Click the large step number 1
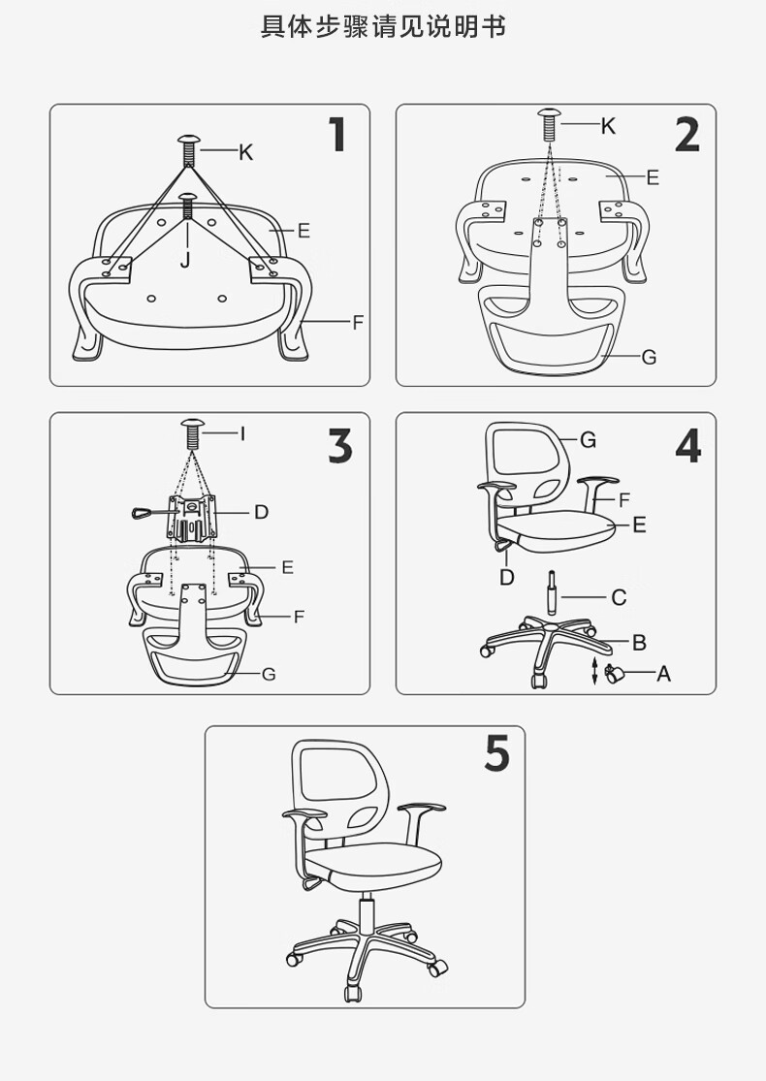click(x=337, y=135)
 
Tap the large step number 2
click(x=687, y=135)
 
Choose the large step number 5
click(x=497, y=753)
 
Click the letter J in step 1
click(x=185, y=260)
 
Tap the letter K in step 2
click(x=607, y=126)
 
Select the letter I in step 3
click(x=242, y=433)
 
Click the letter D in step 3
click(x=261, y=512)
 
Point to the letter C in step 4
click(x=619, y=598)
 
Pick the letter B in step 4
click(x=639, y=643)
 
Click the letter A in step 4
click(x=663, y=674)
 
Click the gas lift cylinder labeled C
click(x=553, y=592)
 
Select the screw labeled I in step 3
click(x=193, y=432)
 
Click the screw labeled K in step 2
click(x=550, y=124)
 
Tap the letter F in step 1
click(x=358, y=322)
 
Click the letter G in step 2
click(x=649, y=357)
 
